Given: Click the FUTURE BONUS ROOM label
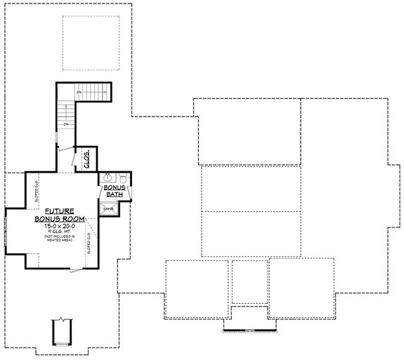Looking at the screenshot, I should tap(60, 215).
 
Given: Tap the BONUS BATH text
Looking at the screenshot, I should tap(115, 192).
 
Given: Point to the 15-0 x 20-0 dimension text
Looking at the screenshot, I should tap(60, 227).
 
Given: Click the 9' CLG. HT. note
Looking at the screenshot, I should tap(60, 233).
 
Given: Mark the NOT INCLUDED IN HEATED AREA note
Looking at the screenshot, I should tap(60, 241).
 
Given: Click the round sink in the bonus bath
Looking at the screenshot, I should tap(107, 178).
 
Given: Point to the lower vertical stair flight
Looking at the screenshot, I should tap(65, 116).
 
